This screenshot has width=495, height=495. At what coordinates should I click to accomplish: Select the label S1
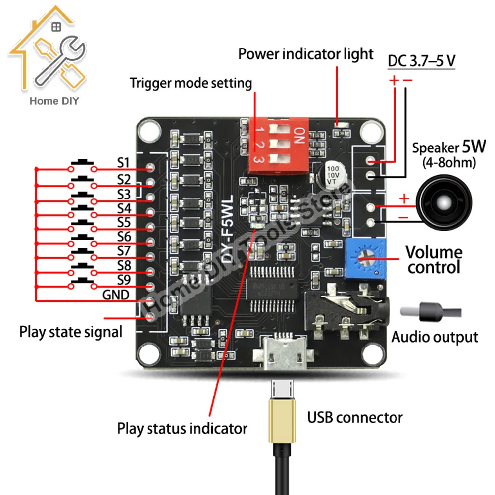123,163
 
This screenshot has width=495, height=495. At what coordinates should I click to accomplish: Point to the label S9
123,280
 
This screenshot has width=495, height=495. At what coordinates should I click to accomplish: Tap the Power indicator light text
305,53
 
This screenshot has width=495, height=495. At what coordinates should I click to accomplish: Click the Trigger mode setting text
191,83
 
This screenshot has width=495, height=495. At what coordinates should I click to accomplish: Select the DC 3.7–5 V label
421,61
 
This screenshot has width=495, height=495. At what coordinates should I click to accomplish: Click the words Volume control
434,260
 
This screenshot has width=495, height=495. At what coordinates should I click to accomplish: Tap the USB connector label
355,418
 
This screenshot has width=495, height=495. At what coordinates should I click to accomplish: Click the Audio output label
435,337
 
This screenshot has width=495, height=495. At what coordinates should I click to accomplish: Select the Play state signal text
71,332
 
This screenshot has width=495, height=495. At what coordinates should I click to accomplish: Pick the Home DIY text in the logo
54,101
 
